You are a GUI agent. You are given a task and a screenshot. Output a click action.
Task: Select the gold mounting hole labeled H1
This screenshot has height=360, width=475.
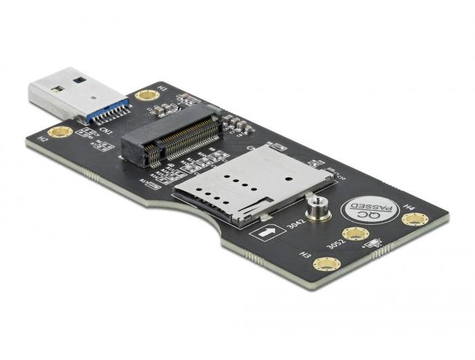coord(147,95)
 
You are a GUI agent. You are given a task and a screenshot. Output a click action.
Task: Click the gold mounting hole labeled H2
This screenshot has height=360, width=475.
coord(60,131)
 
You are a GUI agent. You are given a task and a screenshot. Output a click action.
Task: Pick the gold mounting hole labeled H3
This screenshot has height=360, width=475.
coord(326,264)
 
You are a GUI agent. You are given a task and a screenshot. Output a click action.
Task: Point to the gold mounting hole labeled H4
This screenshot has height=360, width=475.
coord(415,219)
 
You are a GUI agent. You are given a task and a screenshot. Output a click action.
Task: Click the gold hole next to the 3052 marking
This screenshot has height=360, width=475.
coord(355,234)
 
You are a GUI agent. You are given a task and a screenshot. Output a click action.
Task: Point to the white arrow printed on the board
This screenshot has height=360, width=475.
coord(267,233)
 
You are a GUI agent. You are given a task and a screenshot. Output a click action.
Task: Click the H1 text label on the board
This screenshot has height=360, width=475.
coord(161,88)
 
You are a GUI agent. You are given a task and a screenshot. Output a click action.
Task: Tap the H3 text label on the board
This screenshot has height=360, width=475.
coord(306,255)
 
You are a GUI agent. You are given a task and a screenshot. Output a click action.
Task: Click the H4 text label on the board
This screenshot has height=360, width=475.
coord(409,204)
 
